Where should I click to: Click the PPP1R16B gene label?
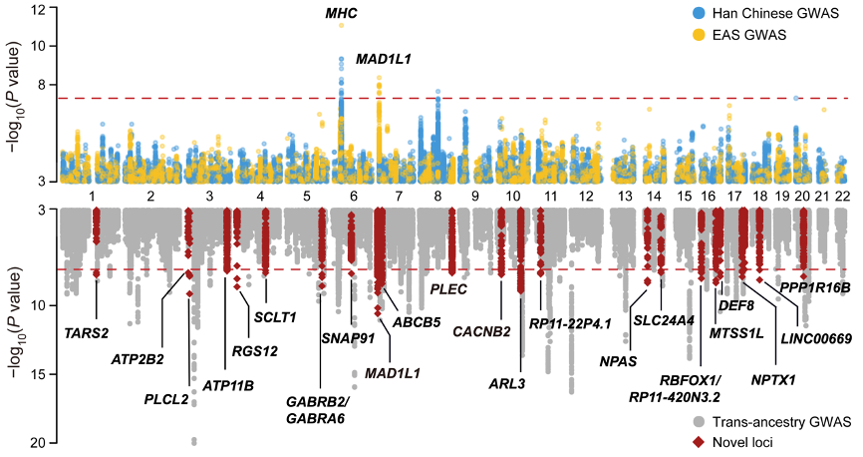click(x=815, y=287)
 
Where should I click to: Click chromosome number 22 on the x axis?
click(x=841, y=196)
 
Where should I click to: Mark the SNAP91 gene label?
click(x=346, y=338)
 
